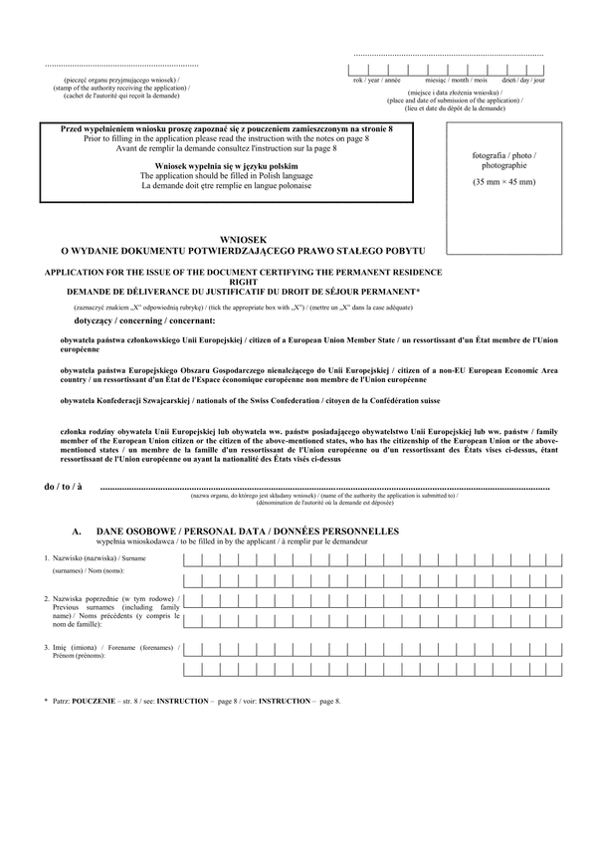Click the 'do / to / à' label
click(63, 488)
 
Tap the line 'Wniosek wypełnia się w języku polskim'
click(227, 165)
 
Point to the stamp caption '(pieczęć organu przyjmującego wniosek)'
click(122, 78)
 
